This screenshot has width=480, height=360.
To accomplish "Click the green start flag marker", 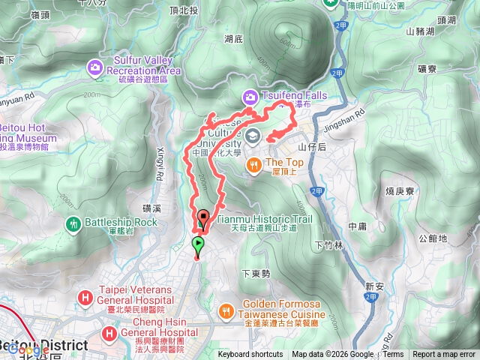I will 198,244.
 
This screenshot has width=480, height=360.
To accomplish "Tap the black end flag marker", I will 202,219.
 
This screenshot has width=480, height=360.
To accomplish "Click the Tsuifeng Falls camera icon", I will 249,96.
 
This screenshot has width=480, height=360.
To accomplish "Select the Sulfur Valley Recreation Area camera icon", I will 96,69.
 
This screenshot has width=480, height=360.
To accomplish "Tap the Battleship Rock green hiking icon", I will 73,223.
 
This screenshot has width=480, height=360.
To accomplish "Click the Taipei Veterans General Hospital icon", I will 85,299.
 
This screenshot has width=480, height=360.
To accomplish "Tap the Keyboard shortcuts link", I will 250,355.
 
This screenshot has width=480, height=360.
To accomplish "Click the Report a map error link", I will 445,355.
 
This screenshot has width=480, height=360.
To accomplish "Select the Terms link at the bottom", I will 393,355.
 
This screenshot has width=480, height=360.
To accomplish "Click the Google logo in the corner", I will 28,349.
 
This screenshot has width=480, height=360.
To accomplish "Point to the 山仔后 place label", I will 312,148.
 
